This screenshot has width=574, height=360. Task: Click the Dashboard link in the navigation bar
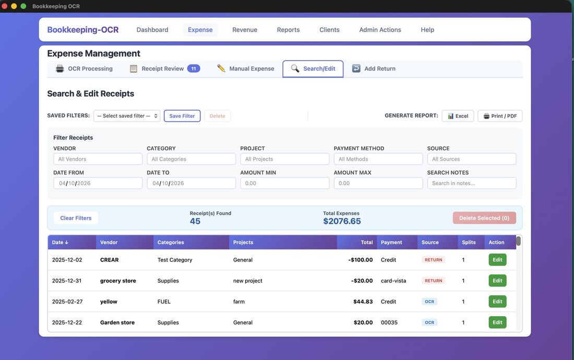pyautogui.click(x=152, y=30)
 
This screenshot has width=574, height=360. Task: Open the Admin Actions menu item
pyautogui.click(x=380, y=30)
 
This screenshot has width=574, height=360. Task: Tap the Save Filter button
pyautogui.click(x=182, y=116)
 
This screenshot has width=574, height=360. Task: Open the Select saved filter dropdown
pyautogui.click(x=127, y=116)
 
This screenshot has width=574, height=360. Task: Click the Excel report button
pyautogui.click(x=458, y=116)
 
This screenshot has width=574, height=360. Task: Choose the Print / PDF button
pyautogui.click(x=500, y=116)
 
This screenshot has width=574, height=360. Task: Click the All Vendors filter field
pyautogui.click(x=98, y=159)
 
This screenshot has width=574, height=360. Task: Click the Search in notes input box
pyautogui.click(x=472, y=183)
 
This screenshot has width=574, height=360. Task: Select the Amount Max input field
pyautogui.click(x=378, y=183)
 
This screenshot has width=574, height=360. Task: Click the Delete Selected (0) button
pyautogui.click(x=484, y=218)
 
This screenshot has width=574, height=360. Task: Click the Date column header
pyautogui.click(x=60, y=243)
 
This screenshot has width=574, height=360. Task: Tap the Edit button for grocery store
pyautogui.click(x=497, y=281)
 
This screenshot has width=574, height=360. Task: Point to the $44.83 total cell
pyautogui.click(x=363, y=302)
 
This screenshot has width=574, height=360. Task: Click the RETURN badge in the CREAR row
pyautogui.click(x=433, y=260)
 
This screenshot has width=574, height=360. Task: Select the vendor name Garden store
pyautogui.click(x=117, y=322)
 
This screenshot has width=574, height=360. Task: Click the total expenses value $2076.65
pyautogui.click(x=342, y=221)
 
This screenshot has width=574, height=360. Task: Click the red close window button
pyautogui.click(x=5, y=6)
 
